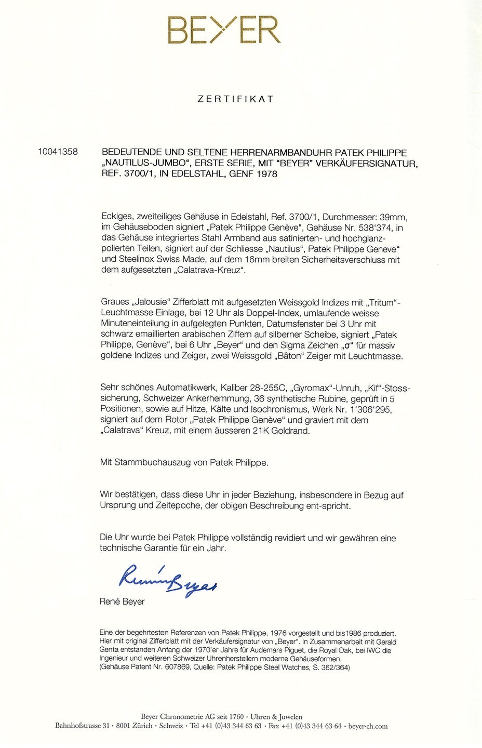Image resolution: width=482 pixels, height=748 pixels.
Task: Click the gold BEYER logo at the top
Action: pyautogui.click(x=224, y=30)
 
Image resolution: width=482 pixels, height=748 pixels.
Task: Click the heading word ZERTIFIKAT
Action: pyautogui.click(x=235, y=99)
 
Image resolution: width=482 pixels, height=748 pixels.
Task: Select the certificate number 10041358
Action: pyautogui.click(x=58, y=152)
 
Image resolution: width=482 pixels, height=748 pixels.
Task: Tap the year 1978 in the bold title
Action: pyautogui.click(x=266, y=174)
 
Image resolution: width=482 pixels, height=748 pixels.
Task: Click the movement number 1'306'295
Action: pyautogui.click(x=368, y=409)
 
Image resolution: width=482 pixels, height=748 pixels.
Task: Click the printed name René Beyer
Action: pyautogui.click(x=122, y=602)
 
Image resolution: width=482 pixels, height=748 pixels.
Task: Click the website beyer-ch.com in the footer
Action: pyautogui.click(x=368, y=726)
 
